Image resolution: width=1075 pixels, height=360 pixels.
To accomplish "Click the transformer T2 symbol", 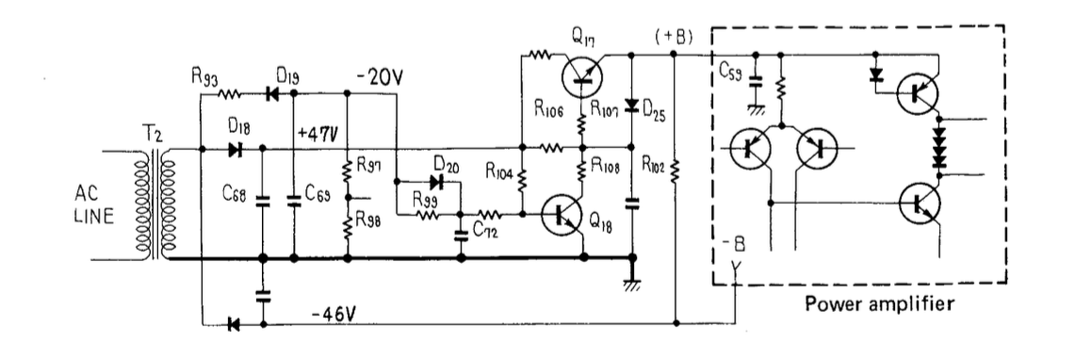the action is click(155, 205).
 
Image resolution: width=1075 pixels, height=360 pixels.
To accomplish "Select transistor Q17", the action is click(583, 74).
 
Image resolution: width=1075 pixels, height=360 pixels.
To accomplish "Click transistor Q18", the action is click(563, 215).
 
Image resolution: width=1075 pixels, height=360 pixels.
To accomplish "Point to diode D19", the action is click(272, 94).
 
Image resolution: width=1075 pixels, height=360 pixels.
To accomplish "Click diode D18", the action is click(236, 149).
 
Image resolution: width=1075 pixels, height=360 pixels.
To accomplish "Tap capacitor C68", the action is click(262, 201).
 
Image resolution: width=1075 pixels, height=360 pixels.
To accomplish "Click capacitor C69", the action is click(294, 201).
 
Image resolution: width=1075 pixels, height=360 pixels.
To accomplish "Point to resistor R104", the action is click(522, 179).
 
